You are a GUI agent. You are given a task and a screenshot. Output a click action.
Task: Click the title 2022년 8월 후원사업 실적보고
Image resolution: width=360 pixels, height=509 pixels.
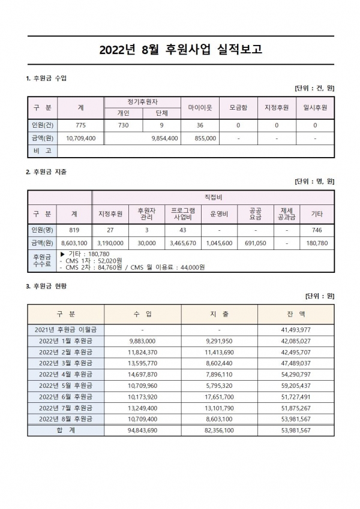click(180, 49)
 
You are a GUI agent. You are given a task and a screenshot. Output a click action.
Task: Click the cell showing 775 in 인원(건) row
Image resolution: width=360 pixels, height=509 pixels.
click(81, 125)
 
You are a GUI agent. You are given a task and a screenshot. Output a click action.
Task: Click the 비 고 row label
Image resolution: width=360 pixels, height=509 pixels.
click(42, 150)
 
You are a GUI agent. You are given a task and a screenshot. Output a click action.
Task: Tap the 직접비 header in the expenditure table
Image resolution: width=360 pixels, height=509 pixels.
click(213, 197)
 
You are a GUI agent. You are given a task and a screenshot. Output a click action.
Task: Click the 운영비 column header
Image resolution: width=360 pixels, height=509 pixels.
click(219, 213)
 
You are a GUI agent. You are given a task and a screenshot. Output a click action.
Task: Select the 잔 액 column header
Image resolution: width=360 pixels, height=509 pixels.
click(296, 314)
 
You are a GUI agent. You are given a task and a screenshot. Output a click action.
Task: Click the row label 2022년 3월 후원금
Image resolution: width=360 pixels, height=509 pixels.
click(65, 363)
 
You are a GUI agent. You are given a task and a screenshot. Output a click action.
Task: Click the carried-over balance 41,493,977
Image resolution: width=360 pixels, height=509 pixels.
click(296, 330)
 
